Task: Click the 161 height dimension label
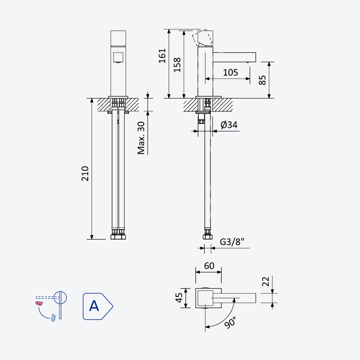(162, 55)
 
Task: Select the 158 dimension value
(177, 65)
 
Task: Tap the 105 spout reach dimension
(230, 72)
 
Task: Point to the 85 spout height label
(262, 80)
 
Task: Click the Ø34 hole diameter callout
(229, 125)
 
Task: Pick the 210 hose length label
(85, 174)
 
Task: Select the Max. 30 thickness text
(141, 138)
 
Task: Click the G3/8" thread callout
(232, 242)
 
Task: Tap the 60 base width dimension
(209, 266)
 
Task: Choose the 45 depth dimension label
(179, 298)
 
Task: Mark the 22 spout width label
(265, 281)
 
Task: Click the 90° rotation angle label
(230, 322)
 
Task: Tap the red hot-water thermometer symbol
(39, 303)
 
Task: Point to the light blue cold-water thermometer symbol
(54, 318)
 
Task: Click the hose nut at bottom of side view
(207, 237)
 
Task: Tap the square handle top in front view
(118, 38)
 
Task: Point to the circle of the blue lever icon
(60, 298)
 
